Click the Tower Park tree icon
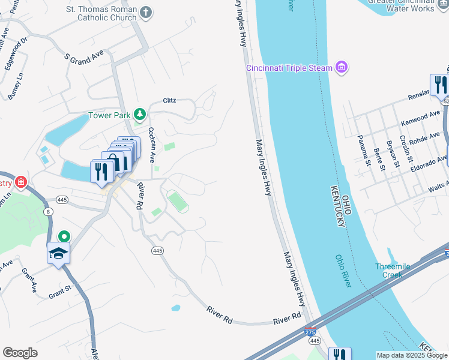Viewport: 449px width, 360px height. coord(140,114)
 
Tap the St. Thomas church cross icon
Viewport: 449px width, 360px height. coord(145,11)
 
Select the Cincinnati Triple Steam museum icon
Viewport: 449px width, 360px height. coord(342,67)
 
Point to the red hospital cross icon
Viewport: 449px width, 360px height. coord(22,181)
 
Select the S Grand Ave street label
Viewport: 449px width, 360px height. coord(84,59)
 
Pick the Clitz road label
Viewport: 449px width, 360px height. coord(169,100)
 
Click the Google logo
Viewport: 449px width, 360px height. coord(20,353)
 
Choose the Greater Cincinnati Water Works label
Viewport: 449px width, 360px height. coord(408,5)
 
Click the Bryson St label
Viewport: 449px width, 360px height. coord(393,157)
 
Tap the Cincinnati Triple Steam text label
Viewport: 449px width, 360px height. coord(289,68)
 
